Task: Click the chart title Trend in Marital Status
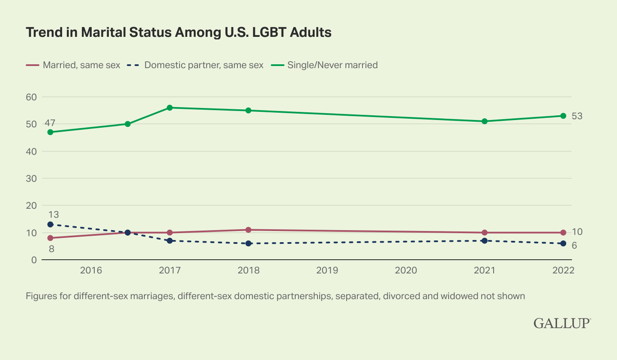179,33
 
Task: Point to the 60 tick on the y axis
32,97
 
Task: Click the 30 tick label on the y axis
32,178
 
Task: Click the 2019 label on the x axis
327,271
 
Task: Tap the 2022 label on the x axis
563,271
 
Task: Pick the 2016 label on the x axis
91,271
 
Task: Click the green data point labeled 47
50,132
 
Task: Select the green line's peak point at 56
170,108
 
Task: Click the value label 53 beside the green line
577,116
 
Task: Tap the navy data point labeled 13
50,224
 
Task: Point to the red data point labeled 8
50,238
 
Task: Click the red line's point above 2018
248,230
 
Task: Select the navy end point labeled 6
563,243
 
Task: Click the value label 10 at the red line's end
577,232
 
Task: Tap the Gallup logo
562,324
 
